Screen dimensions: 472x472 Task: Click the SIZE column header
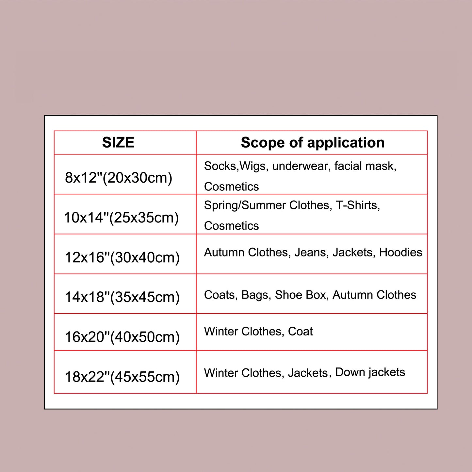[x=118, y=143]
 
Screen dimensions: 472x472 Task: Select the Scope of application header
[x=313, y=143]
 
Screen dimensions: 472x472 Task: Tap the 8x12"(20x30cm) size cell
[x=119, y=178]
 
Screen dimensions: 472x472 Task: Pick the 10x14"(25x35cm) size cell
[x=121, y=218]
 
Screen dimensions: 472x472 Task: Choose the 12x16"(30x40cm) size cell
[x=122, y=258]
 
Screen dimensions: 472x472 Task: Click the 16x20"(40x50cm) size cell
[x=122, y=337]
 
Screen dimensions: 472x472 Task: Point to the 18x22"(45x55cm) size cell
[x=122, y=377]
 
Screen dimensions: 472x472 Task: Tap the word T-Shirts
[x=358, y=205]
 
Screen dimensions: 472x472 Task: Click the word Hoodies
[x=400, y=252]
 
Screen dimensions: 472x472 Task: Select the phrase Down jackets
[x=370, y=372]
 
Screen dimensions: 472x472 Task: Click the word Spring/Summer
[x=245, y=205]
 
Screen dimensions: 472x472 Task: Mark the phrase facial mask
[x=365, y=166]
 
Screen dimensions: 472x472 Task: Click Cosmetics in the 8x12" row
[x=231, y=187]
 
